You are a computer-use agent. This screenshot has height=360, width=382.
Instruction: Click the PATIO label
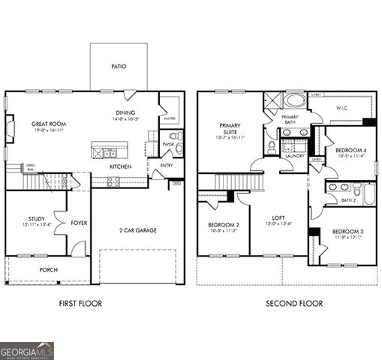[119, 67]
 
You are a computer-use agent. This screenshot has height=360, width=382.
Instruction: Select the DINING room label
[125, 112]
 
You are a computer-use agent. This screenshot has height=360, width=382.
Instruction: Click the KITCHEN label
[121, 166]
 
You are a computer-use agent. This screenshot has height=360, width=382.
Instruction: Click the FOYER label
[79, 223]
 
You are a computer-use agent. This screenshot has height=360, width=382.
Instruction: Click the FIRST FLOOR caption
[80, 304]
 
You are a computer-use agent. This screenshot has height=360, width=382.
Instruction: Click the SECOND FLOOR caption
[294, 304]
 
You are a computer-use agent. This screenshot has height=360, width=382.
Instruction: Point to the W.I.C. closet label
[342, 108]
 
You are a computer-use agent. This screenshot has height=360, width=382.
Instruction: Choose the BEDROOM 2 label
[223, 225]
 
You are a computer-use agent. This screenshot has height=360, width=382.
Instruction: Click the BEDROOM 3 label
[347, 232]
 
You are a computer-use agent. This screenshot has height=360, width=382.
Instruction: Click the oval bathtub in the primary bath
[295, 101]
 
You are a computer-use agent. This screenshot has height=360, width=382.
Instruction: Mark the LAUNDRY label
[295, 155]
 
